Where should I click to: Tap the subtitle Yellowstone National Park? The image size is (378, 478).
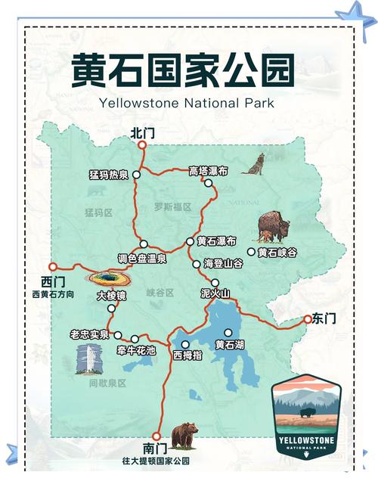(186, 103)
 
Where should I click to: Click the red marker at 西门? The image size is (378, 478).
(53, 266)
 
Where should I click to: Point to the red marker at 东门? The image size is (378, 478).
(307, 320)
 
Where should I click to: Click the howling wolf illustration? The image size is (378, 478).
(253, 163)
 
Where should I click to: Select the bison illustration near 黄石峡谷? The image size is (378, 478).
(273, 225)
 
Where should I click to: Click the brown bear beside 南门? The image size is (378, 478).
(184, 436)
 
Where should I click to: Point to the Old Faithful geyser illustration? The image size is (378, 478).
(88, 361)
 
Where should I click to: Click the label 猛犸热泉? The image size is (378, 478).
(109, 175)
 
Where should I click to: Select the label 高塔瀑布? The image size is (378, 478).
(208, 171)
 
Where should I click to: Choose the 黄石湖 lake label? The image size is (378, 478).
(229, 345)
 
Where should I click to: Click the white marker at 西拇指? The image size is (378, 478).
(185, 344)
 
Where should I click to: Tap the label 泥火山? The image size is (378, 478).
(214, 293)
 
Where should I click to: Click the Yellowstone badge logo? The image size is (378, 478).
(306, 417)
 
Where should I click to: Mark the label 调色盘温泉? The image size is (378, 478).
(142, 258)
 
